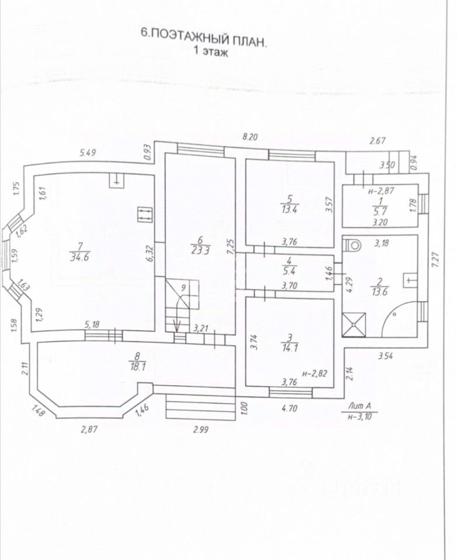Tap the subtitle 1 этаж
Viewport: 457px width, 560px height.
click(x=210, y=50)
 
